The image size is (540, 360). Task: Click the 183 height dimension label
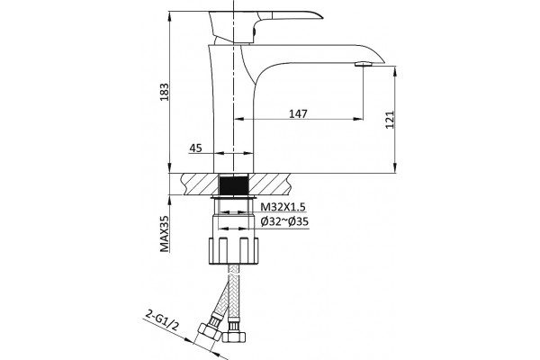[x=166, y=92]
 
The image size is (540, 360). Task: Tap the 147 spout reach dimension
[x=298, y=113]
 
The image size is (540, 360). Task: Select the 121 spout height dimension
[x=389, y=120]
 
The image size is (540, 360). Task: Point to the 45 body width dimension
[x=195, y=148]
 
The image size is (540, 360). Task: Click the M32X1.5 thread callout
[x=283, y=207]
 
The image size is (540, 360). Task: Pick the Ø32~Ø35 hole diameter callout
[x=284, y=222]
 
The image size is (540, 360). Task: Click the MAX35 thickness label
[x=165, y=234]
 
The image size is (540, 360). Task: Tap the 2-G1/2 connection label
[x=163, y=320]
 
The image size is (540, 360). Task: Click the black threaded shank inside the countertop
[x=234, y=185]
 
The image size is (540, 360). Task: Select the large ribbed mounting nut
[x=234, y=250]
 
